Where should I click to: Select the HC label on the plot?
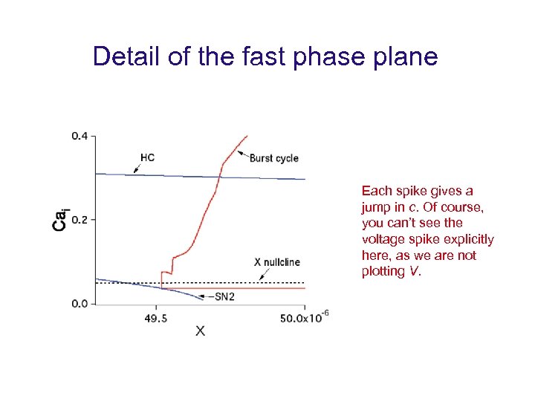[147, 157]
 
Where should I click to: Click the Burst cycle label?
[273, 158]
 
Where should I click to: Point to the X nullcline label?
[276, 262]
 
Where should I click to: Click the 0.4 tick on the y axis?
[79, 136]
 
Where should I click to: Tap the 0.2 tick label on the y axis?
[79, 220]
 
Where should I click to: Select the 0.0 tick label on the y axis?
[79, 303]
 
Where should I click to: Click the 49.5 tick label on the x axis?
[155, 319]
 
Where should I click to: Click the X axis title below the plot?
[200, 331]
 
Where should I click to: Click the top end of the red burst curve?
[247, 136]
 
